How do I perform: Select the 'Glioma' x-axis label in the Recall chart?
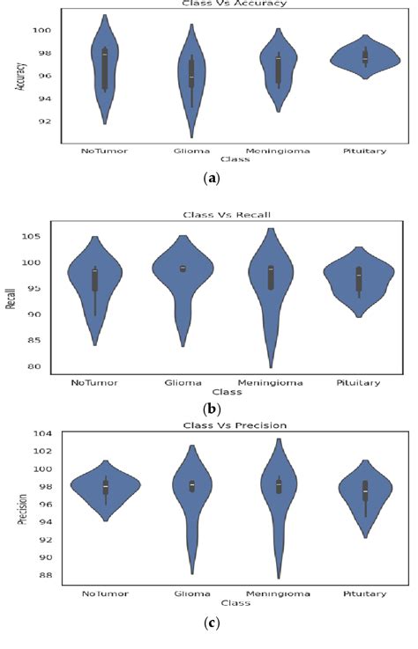click(x=183, y=381)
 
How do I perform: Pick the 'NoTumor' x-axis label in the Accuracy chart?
click(x=104, y=151)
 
